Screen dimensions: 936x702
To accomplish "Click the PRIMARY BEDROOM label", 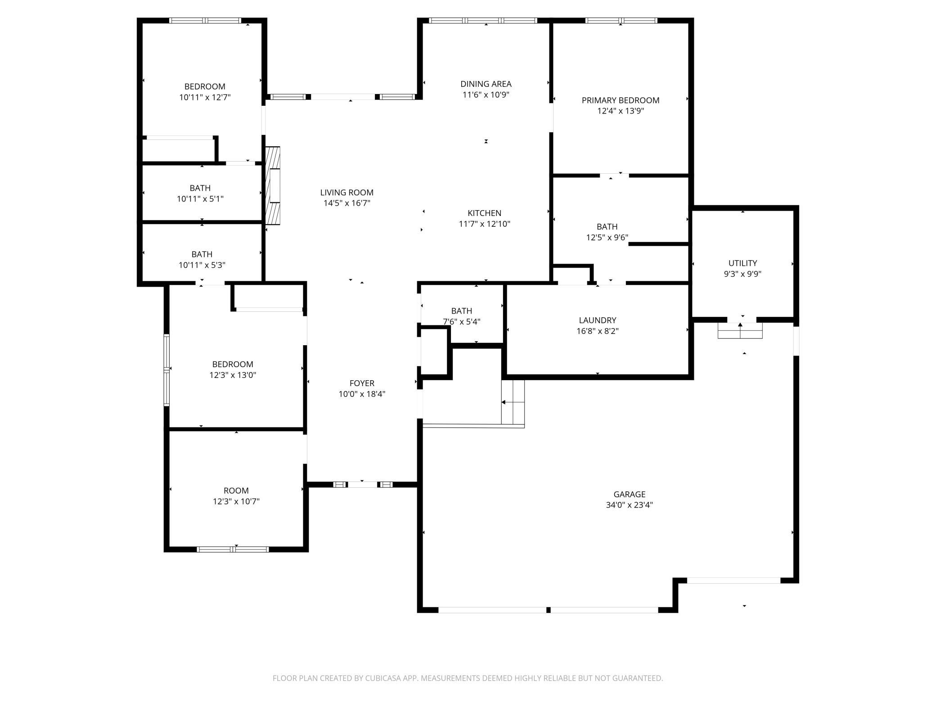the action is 621,100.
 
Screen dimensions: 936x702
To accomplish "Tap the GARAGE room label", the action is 629,494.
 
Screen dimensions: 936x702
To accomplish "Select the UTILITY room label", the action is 742,263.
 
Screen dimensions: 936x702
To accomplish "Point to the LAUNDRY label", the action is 598,320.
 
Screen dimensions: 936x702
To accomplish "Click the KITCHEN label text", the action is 484,213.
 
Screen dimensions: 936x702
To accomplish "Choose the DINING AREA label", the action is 486,84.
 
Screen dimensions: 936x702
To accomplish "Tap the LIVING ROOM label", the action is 347,193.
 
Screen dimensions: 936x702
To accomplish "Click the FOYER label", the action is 362,383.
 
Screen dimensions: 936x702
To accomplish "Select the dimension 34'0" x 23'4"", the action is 629,505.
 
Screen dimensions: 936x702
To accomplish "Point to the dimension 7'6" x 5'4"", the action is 462,322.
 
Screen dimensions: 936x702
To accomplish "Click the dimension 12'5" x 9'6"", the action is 607,238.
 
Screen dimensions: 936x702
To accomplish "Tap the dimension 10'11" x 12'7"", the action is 205,97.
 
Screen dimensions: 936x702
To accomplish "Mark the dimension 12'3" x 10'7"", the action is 236,501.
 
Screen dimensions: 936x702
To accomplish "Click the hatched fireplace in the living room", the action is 273,186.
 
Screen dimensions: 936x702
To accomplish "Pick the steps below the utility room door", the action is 740,331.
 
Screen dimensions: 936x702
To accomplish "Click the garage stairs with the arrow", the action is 513,402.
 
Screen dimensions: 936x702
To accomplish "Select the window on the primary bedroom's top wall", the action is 621,21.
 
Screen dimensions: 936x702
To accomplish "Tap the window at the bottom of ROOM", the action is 233,549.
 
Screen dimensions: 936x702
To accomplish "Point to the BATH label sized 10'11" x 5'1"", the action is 200,188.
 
